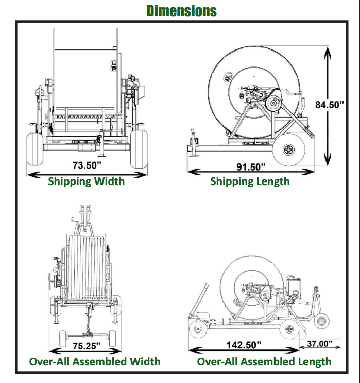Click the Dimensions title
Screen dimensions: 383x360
181,10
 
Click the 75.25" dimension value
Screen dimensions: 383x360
86,345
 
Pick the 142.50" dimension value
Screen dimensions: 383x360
244,344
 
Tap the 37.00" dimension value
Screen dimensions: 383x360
320,343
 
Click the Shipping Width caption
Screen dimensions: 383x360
86,181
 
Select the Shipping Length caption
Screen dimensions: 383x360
250,181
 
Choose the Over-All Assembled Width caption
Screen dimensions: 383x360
95,361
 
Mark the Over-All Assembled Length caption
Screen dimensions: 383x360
264,361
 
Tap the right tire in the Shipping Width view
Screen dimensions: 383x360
139,148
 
